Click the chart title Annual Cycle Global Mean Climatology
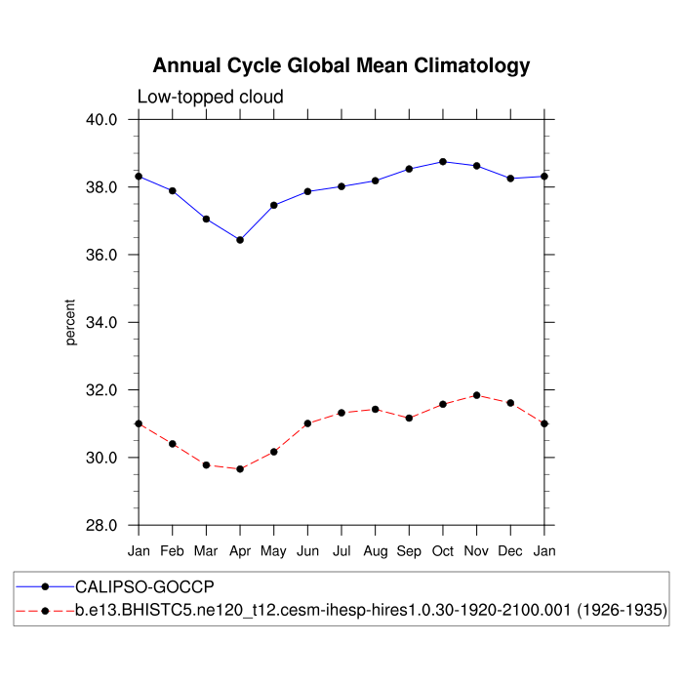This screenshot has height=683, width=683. (341, 66)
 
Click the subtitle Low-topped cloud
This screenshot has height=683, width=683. (210, 97)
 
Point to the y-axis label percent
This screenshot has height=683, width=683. (70, 322)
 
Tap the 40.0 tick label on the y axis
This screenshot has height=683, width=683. (102, 119)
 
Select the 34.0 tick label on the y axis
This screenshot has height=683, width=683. (102, 322)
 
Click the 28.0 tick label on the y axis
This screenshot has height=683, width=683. (102, 525)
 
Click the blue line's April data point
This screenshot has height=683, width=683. (240, 240)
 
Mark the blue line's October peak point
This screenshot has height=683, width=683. (443, 161)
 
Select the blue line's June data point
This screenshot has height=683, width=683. (307, 191)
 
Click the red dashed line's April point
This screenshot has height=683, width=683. (240, 469)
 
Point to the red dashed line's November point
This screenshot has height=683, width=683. (476, 395)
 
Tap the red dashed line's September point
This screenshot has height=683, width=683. (409, 418)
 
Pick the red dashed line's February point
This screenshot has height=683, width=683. (173, 444)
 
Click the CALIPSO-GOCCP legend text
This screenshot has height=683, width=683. (144, 587)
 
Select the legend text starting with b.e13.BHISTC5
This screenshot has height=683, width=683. (372, 611)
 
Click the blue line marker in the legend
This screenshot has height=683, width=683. (46, 587)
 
